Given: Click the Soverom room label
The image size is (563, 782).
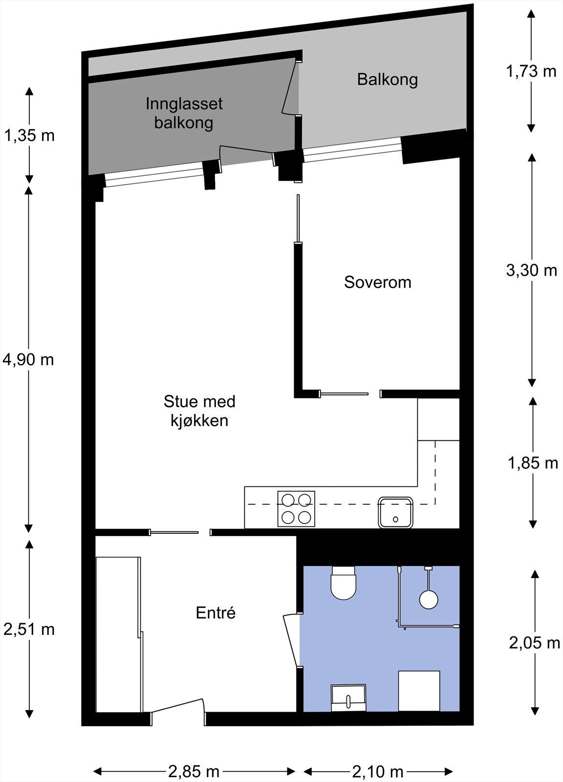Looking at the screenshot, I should click(x=377, y=282).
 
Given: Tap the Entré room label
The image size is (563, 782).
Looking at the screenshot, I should click(x=216, y=612).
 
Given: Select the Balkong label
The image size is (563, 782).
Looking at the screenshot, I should click(x=387, y=79).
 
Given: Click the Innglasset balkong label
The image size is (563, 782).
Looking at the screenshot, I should click(x=184, y=113).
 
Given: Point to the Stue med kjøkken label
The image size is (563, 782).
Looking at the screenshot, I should click(x=199, y=411).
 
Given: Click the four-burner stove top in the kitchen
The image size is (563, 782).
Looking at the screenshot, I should click(x=296, y=509).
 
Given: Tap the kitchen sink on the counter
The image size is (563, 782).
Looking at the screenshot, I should click(x=395, y=512).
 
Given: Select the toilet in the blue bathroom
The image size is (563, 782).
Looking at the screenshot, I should click(x=344, y=583).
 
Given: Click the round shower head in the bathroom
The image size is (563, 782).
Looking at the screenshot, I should click(x=429, y=599).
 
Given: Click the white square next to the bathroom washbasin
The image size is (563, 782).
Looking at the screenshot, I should click(x=419, y=691).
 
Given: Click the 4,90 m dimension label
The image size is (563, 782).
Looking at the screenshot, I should click(x=28, y=360).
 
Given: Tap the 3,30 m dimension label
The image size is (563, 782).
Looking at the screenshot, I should click(x=531, y=270).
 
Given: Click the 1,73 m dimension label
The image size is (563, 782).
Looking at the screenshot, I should click(x=531, y=71).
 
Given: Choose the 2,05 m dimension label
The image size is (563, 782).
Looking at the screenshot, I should click(x=534, y=643).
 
